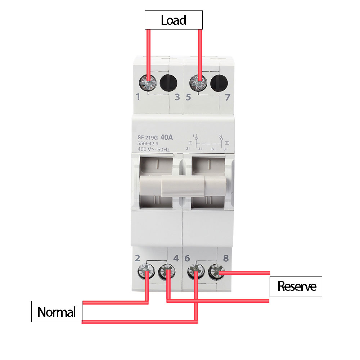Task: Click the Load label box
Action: coord(174,20)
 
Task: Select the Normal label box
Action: coord(57,311)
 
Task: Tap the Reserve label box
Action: coord(296,287)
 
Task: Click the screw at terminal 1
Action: coord(147,83)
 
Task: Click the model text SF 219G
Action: coord(148,138)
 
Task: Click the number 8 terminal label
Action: coord(226,258)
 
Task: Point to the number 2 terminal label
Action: coord(137,258)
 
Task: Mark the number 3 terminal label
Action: coord(177,97)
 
